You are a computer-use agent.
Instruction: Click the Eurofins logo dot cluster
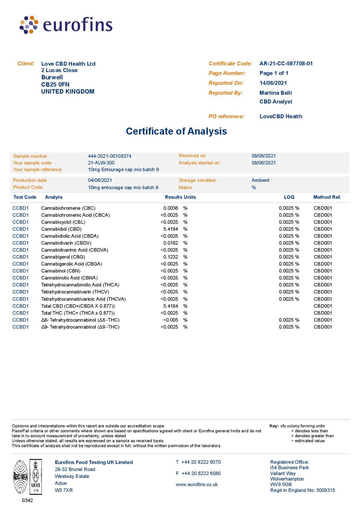coord(29,25)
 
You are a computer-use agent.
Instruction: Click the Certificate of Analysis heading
coord(176,131)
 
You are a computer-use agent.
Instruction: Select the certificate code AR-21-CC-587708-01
coord(286,64)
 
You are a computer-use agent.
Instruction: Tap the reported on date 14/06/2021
coord(273,83)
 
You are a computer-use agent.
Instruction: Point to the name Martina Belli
coord(275,93)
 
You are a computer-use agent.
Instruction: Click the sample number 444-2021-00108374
coord(109,156)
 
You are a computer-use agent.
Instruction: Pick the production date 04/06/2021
coord(100,180)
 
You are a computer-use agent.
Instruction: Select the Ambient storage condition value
coord(260,180)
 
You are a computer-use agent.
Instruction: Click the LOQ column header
coord(289,197)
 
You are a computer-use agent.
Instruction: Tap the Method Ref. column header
coord(327,197)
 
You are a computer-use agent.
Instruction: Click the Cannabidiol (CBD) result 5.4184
coord(171,229)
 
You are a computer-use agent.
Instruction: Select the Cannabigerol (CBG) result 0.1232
coord(171,257)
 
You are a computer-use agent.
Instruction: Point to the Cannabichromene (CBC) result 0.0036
coord(171,208)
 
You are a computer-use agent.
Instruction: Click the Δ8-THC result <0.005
coord(171,320)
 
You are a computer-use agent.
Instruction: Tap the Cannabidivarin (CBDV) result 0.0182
coord(171,243)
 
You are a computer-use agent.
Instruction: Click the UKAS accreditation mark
coord(36,477)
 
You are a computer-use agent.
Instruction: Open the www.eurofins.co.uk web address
coord(197,484)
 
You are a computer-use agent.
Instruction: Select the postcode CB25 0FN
coord(55,84)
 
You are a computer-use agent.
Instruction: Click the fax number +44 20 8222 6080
coord(201,473)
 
